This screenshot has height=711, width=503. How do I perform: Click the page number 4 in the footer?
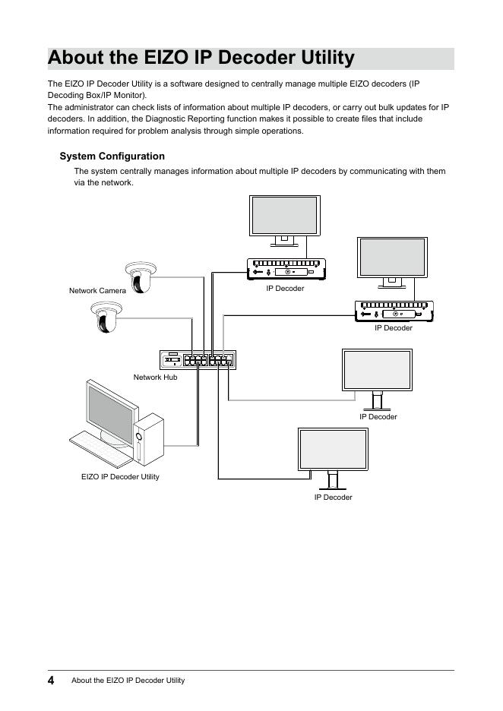point(51,680)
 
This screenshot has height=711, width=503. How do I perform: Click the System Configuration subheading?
point(112,156)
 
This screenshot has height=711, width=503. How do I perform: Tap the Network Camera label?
point(97,291)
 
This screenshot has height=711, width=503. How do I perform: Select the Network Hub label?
point(155,377)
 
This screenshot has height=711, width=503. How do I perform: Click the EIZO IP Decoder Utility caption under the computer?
point(120,477)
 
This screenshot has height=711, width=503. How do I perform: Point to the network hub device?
point(198,359)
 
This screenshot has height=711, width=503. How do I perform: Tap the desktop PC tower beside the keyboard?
point(150,439)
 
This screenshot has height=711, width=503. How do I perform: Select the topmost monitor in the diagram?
point(285,216)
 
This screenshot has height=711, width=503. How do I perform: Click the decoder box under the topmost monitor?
point(286,270)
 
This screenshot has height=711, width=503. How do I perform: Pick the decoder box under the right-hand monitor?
point(393,311)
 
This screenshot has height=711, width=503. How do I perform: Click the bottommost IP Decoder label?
point(333,498)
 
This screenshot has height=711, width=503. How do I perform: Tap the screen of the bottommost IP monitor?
point(332,449)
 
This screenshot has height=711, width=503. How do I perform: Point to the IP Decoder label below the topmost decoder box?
point(285,289)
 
